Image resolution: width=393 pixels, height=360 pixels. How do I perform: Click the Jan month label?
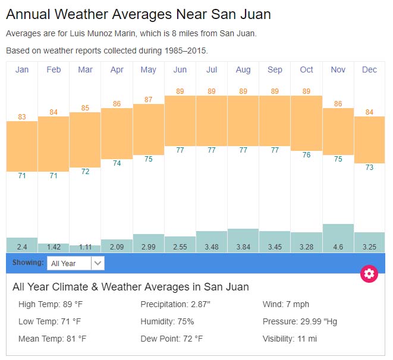22,70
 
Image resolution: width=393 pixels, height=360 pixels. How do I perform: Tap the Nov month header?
338,70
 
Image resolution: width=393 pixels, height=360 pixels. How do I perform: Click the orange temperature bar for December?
369,140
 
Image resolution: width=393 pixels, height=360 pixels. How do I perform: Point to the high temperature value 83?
22,117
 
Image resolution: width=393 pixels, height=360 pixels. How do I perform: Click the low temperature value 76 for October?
306,155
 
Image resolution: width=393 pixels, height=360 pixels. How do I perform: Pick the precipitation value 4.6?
338,247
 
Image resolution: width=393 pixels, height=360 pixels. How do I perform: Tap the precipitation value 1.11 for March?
85,247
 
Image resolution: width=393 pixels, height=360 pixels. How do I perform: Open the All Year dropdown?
76,263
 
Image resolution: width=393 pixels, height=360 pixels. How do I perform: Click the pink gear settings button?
369,273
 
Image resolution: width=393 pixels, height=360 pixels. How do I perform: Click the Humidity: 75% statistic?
167,321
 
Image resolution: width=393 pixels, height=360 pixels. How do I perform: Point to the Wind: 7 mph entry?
286,305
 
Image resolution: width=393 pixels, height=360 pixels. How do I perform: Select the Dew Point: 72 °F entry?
172,339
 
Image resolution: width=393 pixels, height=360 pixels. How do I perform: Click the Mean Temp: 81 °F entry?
52,339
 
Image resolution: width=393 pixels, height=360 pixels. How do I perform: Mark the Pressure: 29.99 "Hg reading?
300,321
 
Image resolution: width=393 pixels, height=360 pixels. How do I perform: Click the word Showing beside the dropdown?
28,263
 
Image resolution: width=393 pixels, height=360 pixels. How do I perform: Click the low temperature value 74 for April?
117,163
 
